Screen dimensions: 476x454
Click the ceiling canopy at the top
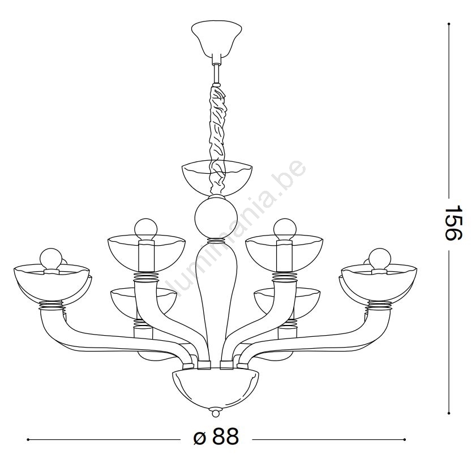click(216, 38)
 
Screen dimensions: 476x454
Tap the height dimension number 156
click(453, 222)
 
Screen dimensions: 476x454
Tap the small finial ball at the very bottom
click(216, 414)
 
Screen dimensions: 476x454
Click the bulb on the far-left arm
click(51, 259)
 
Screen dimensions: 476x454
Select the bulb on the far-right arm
click(380, 259)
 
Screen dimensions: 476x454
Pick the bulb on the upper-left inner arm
click(146, 230)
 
